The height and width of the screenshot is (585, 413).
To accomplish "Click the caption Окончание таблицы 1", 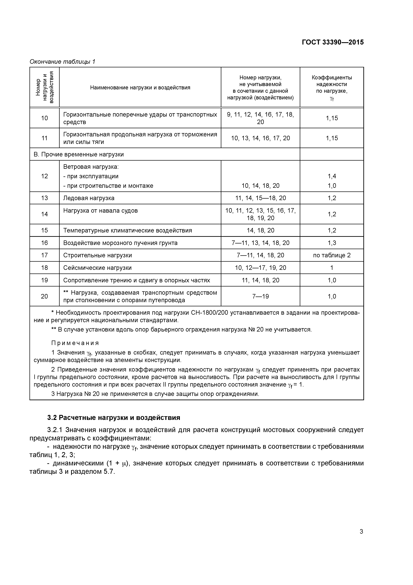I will click(62, 62).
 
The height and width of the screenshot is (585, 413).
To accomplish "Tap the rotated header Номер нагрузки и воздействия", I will click(44, 87).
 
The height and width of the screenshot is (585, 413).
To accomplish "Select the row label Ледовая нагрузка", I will click(89, 198).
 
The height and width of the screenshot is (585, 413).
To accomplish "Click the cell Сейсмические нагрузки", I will click(97, 268).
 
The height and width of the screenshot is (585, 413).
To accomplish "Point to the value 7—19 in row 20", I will click(260, 296).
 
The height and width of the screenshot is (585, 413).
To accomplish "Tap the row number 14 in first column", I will click(44, 214).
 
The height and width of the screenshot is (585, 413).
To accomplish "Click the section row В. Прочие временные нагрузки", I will click(79, 154).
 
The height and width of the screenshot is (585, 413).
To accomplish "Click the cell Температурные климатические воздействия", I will click(128, 230).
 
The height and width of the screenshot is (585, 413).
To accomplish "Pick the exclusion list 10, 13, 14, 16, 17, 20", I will click(260, 138).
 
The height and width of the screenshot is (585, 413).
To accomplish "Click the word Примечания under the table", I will click(75, 343).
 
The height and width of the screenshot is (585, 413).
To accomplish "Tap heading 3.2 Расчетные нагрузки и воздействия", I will click(114, 418).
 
